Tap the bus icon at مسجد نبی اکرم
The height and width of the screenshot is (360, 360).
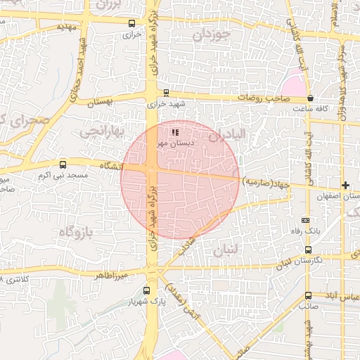tap(63, 164)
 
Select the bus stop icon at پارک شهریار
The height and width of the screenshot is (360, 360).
tap(146, 290)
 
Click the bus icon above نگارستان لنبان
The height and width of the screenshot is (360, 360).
tap(308, 250)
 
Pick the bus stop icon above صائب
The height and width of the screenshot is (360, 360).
tap(308, 295)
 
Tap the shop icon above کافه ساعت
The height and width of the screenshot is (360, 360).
tap(310, 99)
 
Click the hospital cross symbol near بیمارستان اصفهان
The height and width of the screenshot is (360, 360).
tap(345, 185)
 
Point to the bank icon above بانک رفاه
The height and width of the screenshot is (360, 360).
tap(304, 219)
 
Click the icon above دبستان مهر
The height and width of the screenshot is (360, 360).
tap(174, 131)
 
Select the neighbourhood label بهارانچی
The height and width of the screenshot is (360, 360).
tap(101, 131)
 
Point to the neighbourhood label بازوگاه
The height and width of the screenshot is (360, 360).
tap(77, 231)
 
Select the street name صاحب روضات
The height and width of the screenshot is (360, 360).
tap(263, 99)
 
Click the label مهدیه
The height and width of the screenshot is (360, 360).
tap(65, 26)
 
